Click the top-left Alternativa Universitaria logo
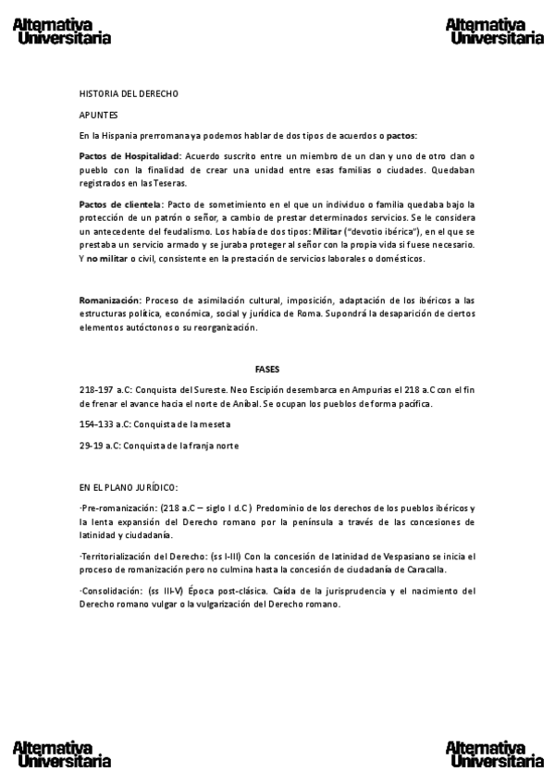(62, 31)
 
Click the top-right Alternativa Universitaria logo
(494, 31)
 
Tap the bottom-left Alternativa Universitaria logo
(62, 754)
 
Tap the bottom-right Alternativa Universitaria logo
(494, 754)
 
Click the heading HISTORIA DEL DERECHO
(129, 94)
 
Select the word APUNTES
(98, 115)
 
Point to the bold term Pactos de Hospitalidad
(129, 155)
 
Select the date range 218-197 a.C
(105, 390)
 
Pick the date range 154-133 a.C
(105, 424)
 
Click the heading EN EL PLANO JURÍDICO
(129, 487)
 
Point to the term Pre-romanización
(118, 508)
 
